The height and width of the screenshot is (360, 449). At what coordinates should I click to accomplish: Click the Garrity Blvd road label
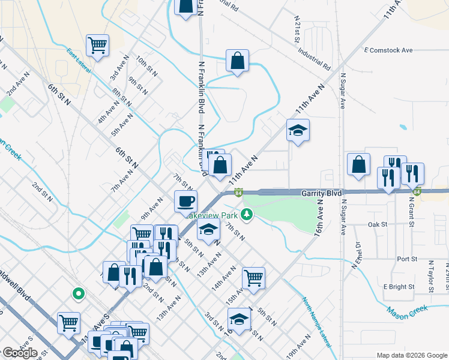click(321, 193)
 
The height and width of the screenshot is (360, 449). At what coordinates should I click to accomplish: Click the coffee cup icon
click(185, 200)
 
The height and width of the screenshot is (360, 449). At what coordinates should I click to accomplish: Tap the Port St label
click(407, 259)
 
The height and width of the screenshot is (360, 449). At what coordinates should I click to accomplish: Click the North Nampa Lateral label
click(316, 322)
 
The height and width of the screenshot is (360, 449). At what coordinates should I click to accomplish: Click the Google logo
click(20, 353)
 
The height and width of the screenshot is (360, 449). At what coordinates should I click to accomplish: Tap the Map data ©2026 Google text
click(412, 355)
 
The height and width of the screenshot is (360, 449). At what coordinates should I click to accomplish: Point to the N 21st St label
click(297, 29)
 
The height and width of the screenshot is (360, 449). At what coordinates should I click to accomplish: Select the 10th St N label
click(146, 66)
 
